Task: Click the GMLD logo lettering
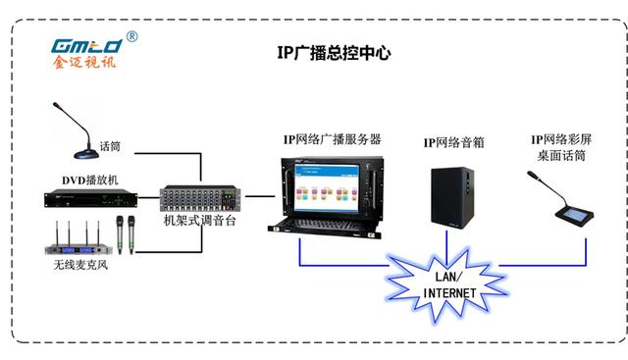[85, 45]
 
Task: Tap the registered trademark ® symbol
[131, 36]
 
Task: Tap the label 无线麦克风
[81, 266]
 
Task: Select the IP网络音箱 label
[454, 142]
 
